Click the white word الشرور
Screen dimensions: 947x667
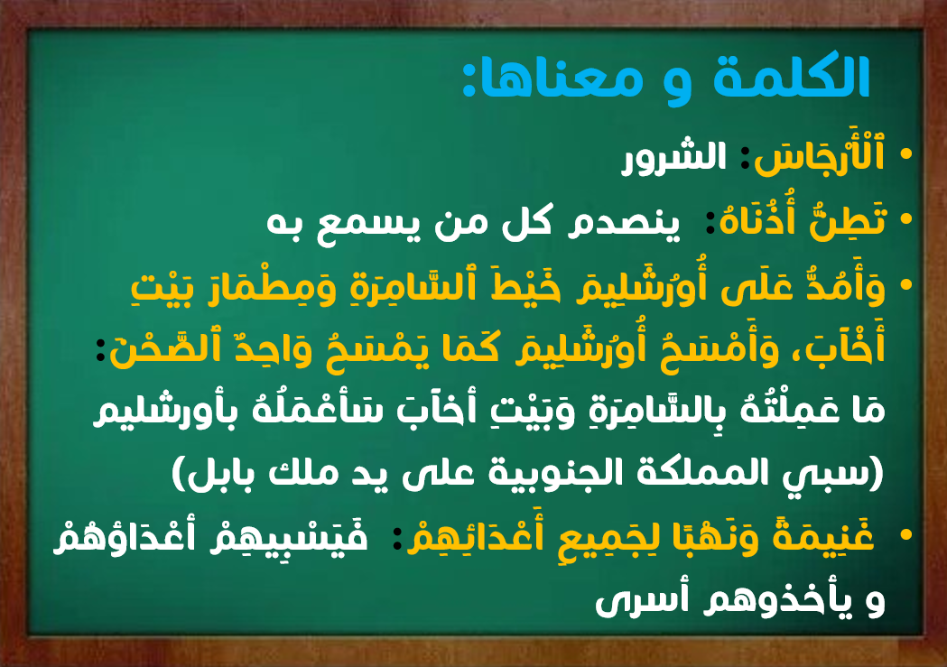pyautogui.click(x=674, y=157)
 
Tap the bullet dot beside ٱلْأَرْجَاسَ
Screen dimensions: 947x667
pyautogui.click(x=905, y=154)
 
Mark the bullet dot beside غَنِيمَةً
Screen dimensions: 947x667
pyautogui.click(x=905, y=534)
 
